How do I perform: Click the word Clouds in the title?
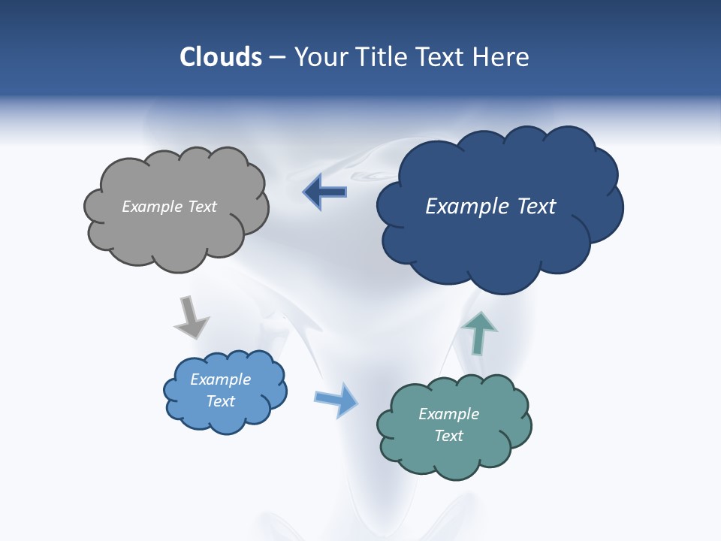click(221, 57)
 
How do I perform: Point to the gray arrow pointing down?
click(191, 317)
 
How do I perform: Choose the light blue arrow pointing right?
click(336, 399)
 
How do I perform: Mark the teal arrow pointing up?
click(478, 333)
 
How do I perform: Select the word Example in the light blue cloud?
click(220, 379)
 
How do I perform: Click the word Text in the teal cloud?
click(448, 436)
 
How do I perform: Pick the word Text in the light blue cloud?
click(220, 401)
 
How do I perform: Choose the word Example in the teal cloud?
click(448, 414)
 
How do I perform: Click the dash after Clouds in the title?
click(277, 58)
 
